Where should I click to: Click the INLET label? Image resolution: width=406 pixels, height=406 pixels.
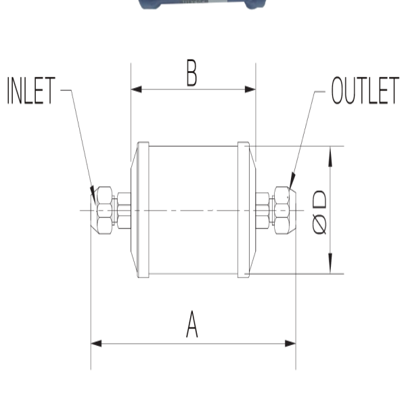(31, 91)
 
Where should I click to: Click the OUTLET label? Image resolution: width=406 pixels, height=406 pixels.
(365, 91)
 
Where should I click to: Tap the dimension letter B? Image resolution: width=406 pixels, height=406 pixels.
(191, 73)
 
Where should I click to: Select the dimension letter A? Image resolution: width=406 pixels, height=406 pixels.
(192, 324)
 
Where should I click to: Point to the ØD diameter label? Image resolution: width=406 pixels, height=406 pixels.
(319, 212)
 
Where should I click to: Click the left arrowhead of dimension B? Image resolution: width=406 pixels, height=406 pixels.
(137, 89)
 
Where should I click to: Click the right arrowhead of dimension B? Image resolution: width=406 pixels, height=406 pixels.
(250, 89)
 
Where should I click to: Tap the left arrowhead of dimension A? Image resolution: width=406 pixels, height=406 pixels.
(96, 344)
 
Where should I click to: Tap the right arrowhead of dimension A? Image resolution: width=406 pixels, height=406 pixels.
(290, 344)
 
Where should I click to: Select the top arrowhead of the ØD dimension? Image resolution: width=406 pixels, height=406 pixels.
(330, 156)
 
